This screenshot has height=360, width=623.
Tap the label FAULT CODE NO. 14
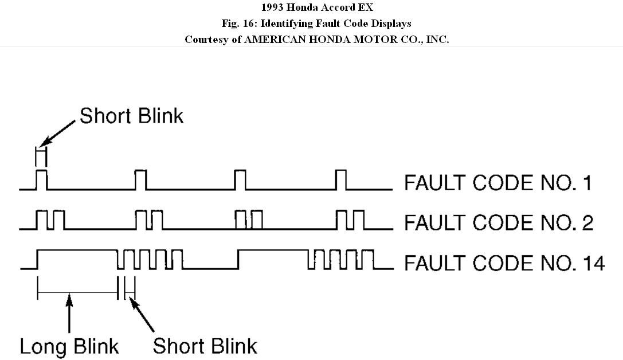(x=504, y=263)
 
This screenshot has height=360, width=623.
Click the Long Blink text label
(x=69, y=346)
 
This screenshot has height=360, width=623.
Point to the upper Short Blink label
(x=131, y=116)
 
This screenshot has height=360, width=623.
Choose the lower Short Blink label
(x=205, y=346)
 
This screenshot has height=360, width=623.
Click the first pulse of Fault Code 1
(x=42, y=179)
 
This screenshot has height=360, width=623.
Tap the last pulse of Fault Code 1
(x=341, y=179)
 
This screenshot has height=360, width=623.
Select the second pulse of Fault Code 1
(x=140, y=179)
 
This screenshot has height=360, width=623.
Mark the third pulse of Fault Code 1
(x=240, y=179)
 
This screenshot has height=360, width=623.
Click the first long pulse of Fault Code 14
(x=77, y=259)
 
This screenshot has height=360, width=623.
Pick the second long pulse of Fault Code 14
(x=273, y=259)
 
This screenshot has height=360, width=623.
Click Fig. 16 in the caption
(x=237, y=24)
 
